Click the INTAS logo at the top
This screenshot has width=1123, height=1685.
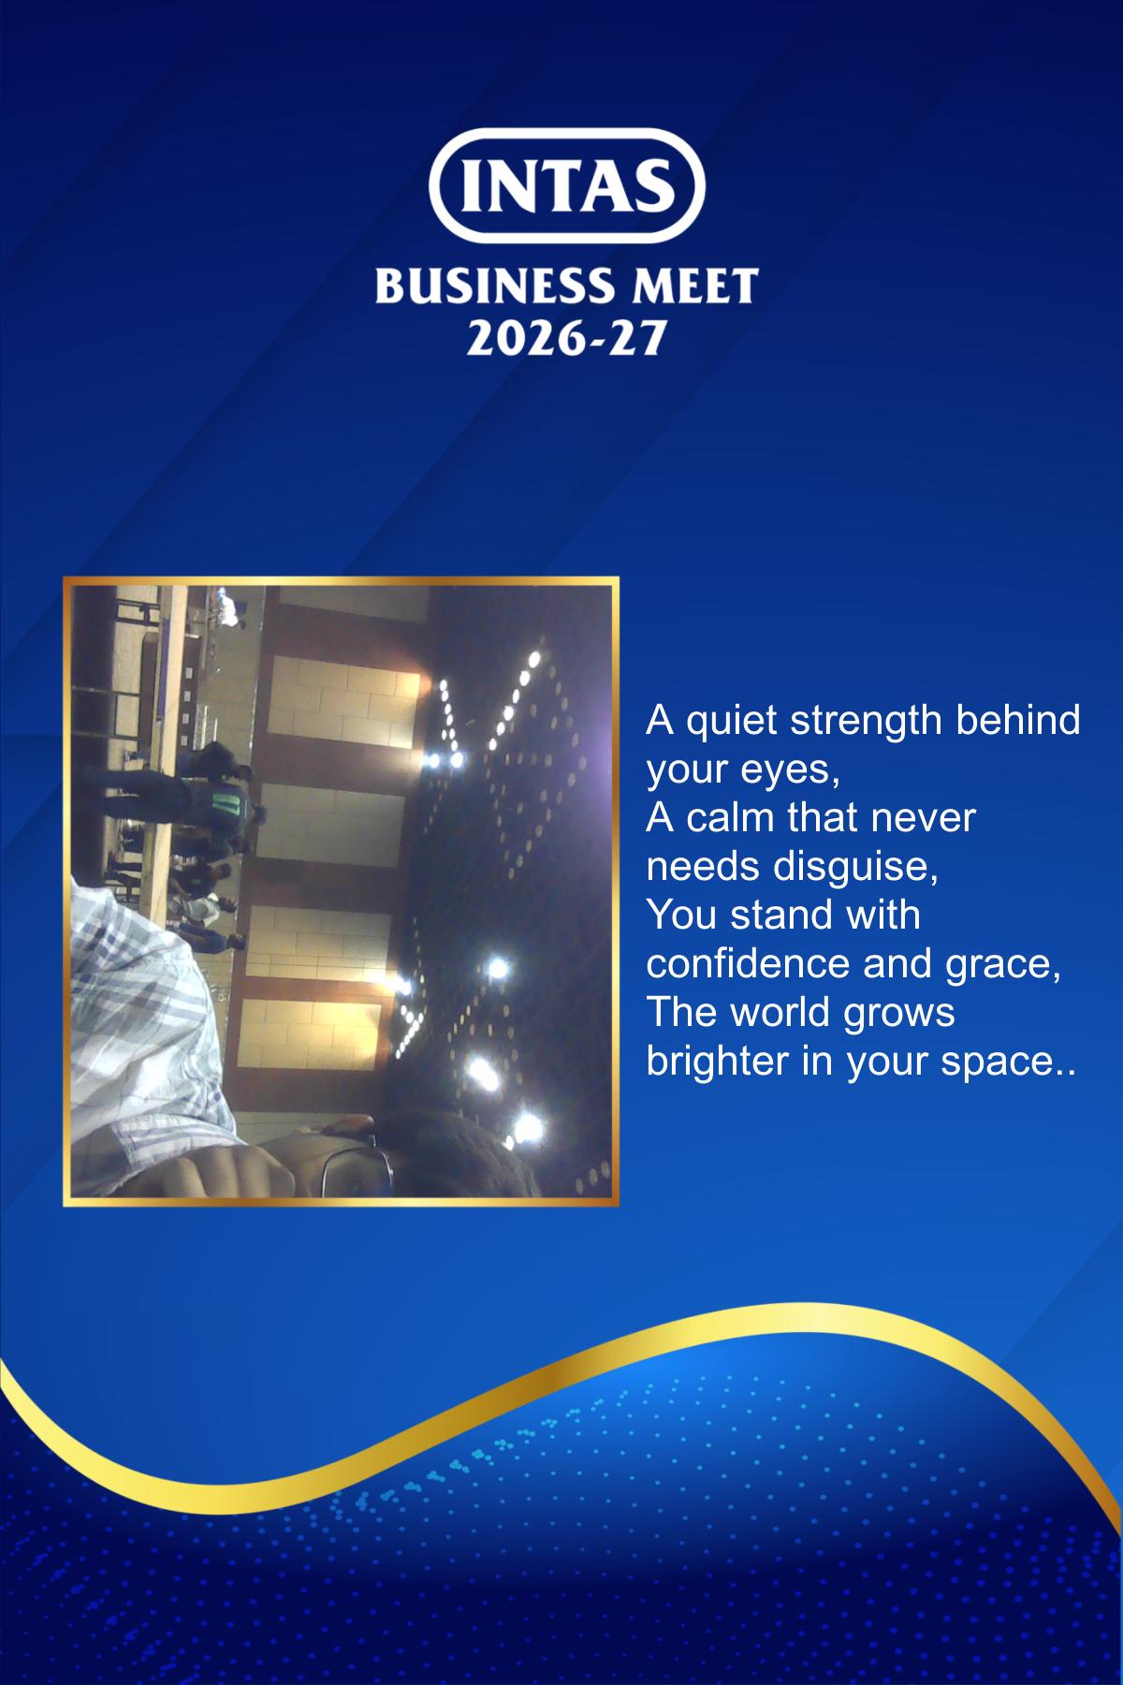(566, 185)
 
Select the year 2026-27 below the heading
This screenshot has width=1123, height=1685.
(566, 338)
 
